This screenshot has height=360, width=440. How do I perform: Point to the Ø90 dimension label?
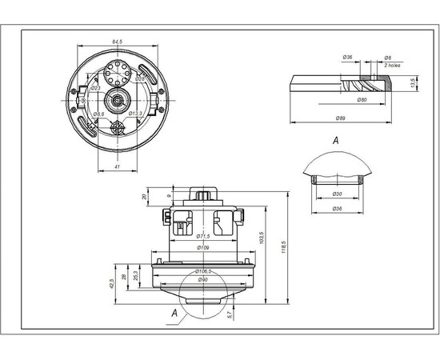202,280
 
